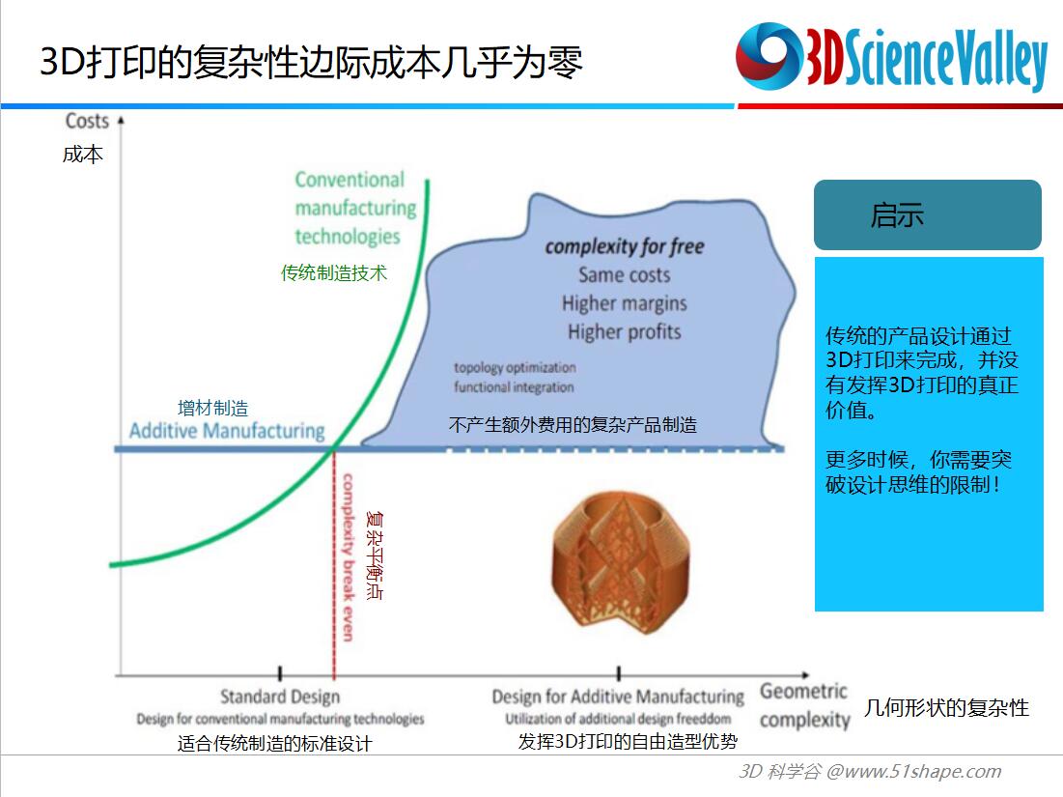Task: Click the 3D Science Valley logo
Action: tap(891, 58)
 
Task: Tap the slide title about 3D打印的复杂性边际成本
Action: tap(311, 63)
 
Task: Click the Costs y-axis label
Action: tap(87, 121)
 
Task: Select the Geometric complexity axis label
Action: tap(804, 705)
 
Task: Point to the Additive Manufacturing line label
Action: tap(227, 431)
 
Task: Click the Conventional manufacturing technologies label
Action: tap(355, 208)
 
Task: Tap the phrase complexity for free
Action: tap(625, 246)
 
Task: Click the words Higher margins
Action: tap(625, 303)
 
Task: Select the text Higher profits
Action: tap(625, 331)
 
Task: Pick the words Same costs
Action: tap(625, 274)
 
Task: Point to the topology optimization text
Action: tap(516, 368)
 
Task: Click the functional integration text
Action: tap(514, 387)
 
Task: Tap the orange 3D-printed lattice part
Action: tap(621, 563)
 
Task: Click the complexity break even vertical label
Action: tap(348, 557)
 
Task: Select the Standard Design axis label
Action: tap(280, 697)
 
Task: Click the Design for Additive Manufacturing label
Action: tap(618, 697)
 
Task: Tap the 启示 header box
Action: tap(928, 215)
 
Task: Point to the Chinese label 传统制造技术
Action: tap(333, 273)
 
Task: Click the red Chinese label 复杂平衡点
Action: tap(375, 555)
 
